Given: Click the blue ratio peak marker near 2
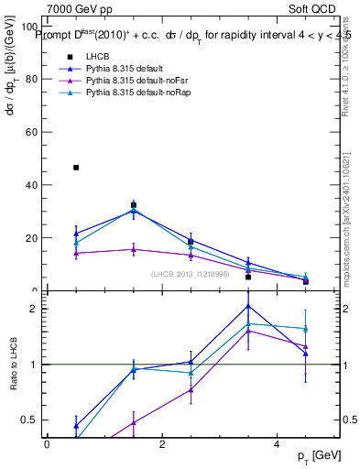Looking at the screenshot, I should coord(248,306).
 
